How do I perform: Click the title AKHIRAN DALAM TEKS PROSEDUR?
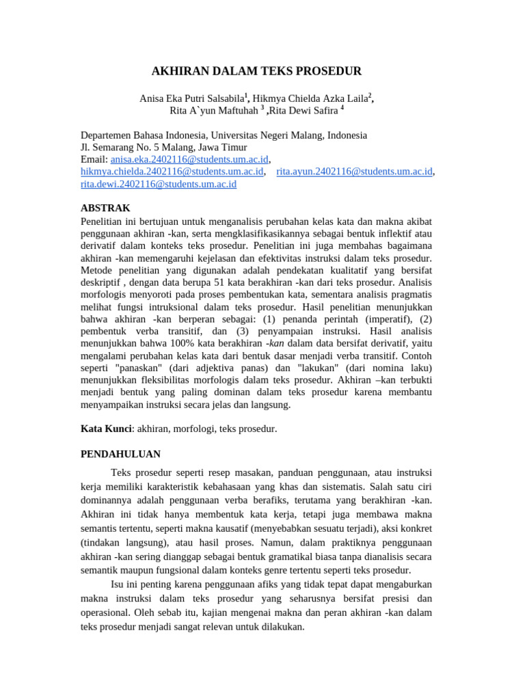click(256, 71)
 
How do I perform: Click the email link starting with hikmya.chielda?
click(172, 172)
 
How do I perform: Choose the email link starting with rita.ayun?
click(355, 172)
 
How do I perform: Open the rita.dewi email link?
click(159, 184)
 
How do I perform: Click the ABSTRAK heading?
click(105, 208)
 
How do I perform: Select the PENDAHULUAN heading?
click(120, 453)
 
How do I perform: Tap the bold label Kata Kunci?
click(106, 429)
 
